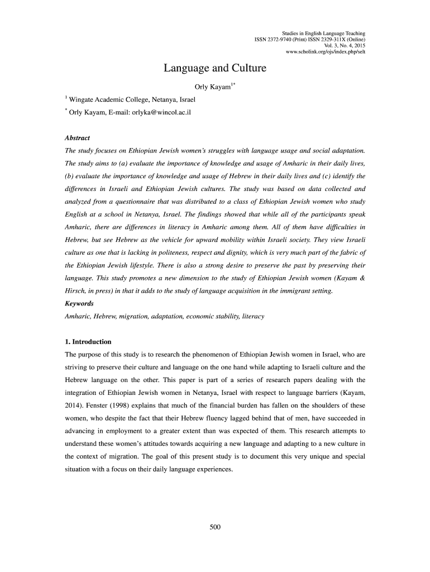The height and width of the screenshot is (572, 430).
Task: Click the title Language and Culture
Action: [x=214, y=69]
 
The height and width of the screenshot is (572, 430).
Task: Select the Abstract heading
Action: [x=78, y=137]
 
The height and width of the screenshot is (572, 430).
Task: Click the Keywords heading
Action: [x=80, y=303]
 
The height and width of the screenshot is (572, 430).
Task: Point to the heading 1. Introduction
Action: [x=88, y=341]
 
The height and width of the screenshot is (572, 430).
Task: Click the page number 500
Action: [x=215, y=527]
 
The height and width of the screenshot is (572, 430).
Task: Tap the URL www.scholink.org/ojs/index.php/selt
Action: [x=326, y=52]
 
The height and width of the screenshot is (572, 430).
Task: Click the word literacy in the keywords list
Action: [x=253, y=316]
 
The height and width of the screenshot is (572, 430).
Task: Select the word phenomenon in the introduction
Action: [x=199, y=354]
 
